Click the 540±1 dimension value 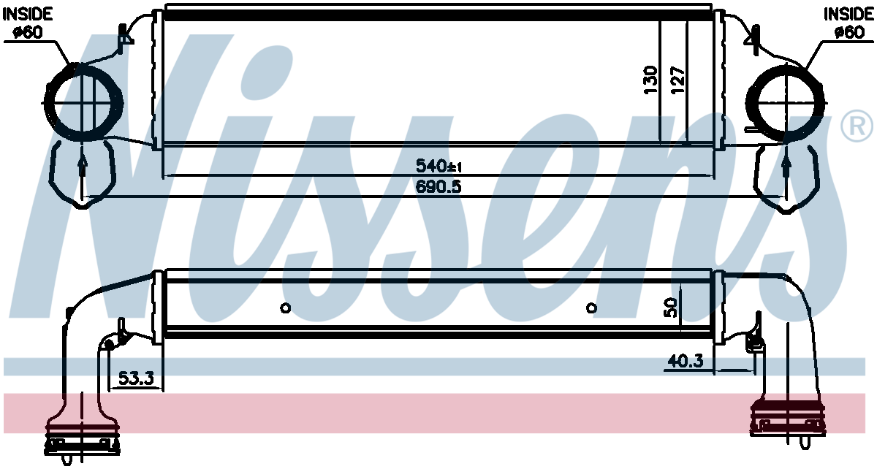tap(438, 166)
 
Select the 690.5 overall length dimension tap(438, 187)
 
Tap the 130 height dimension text tap(650, 80)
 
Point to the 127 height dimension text tap(677, 80)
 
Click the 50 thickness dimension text tap(670, 308)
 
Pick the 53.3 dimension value tap(136, 378)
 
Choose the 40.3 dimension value tap(686, 361)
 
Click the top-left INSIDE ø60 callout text tap(28, 23)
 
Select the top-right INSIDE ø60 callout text tap(848, 23)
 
